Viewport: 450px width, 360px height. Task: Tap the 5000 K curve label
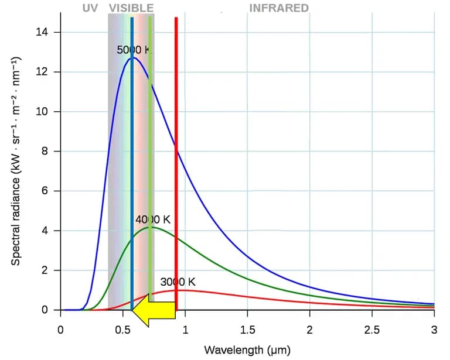(x=134, y=50)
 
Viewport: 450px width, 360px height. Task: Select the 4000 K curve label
(x=152, y=220)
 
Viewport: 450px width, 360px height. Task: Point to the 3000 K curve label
(x=178, y=282)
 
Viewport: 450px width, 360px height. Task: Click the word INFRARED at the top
(x=279, y=8)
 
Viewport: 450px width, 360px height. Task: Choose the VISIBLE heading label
(x=131, y=8)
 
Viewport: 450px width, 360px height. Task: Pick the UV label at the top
(x=90, y=8)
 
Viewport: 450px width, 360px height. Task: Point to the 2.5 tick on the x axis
(x=371, y=330)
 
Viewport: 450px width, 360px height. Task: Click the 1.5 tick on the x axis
(x=247, y=330)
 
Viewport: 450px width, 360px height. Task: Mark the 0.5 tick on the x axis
(x=122, y=330)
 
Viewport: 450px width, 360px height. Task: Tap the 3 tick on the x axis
(x=434, y=330)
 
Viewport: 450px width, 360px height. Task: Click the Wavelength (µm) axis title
(x=247, y=350)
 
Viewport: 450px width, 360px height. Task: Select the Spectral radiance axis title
(x=17, y=162)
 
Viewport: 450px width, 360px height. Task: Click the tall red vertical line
(x=176, y=146)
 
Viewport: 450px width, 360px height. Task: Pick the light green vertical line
(x=150, y=146)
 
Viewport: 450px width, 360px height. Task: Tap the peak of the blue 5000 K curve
(x=134, y=58)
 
